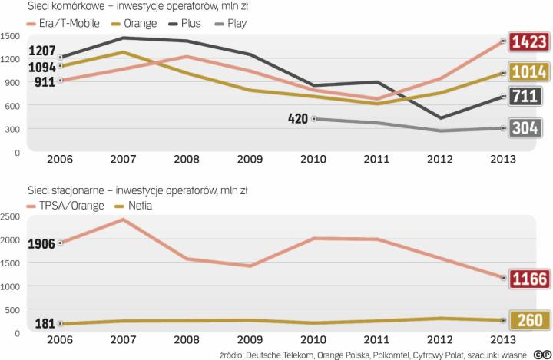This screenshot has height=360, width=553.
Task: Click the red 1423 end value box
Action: [529, 41]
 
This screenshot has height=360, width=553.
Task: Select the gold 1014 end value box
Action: [529, 73]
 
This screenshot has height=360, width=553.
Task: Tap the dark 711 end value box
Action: [529, 97]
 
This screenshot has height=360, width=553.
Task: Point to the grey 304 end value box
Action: [529, 128]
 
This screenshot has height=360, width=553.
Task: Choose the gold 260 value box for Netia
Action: [529, 320]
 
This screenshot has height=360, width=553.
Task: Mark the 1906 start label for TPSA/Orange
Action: [43, 243]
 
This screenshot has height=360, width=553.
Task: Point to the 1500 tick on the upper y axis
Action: [11, 35]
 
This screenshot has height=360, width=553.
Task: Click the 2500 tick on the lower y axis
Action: [11, 216]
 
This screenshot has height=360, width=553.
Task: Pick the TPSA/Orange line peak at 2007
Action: [124, 220]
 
